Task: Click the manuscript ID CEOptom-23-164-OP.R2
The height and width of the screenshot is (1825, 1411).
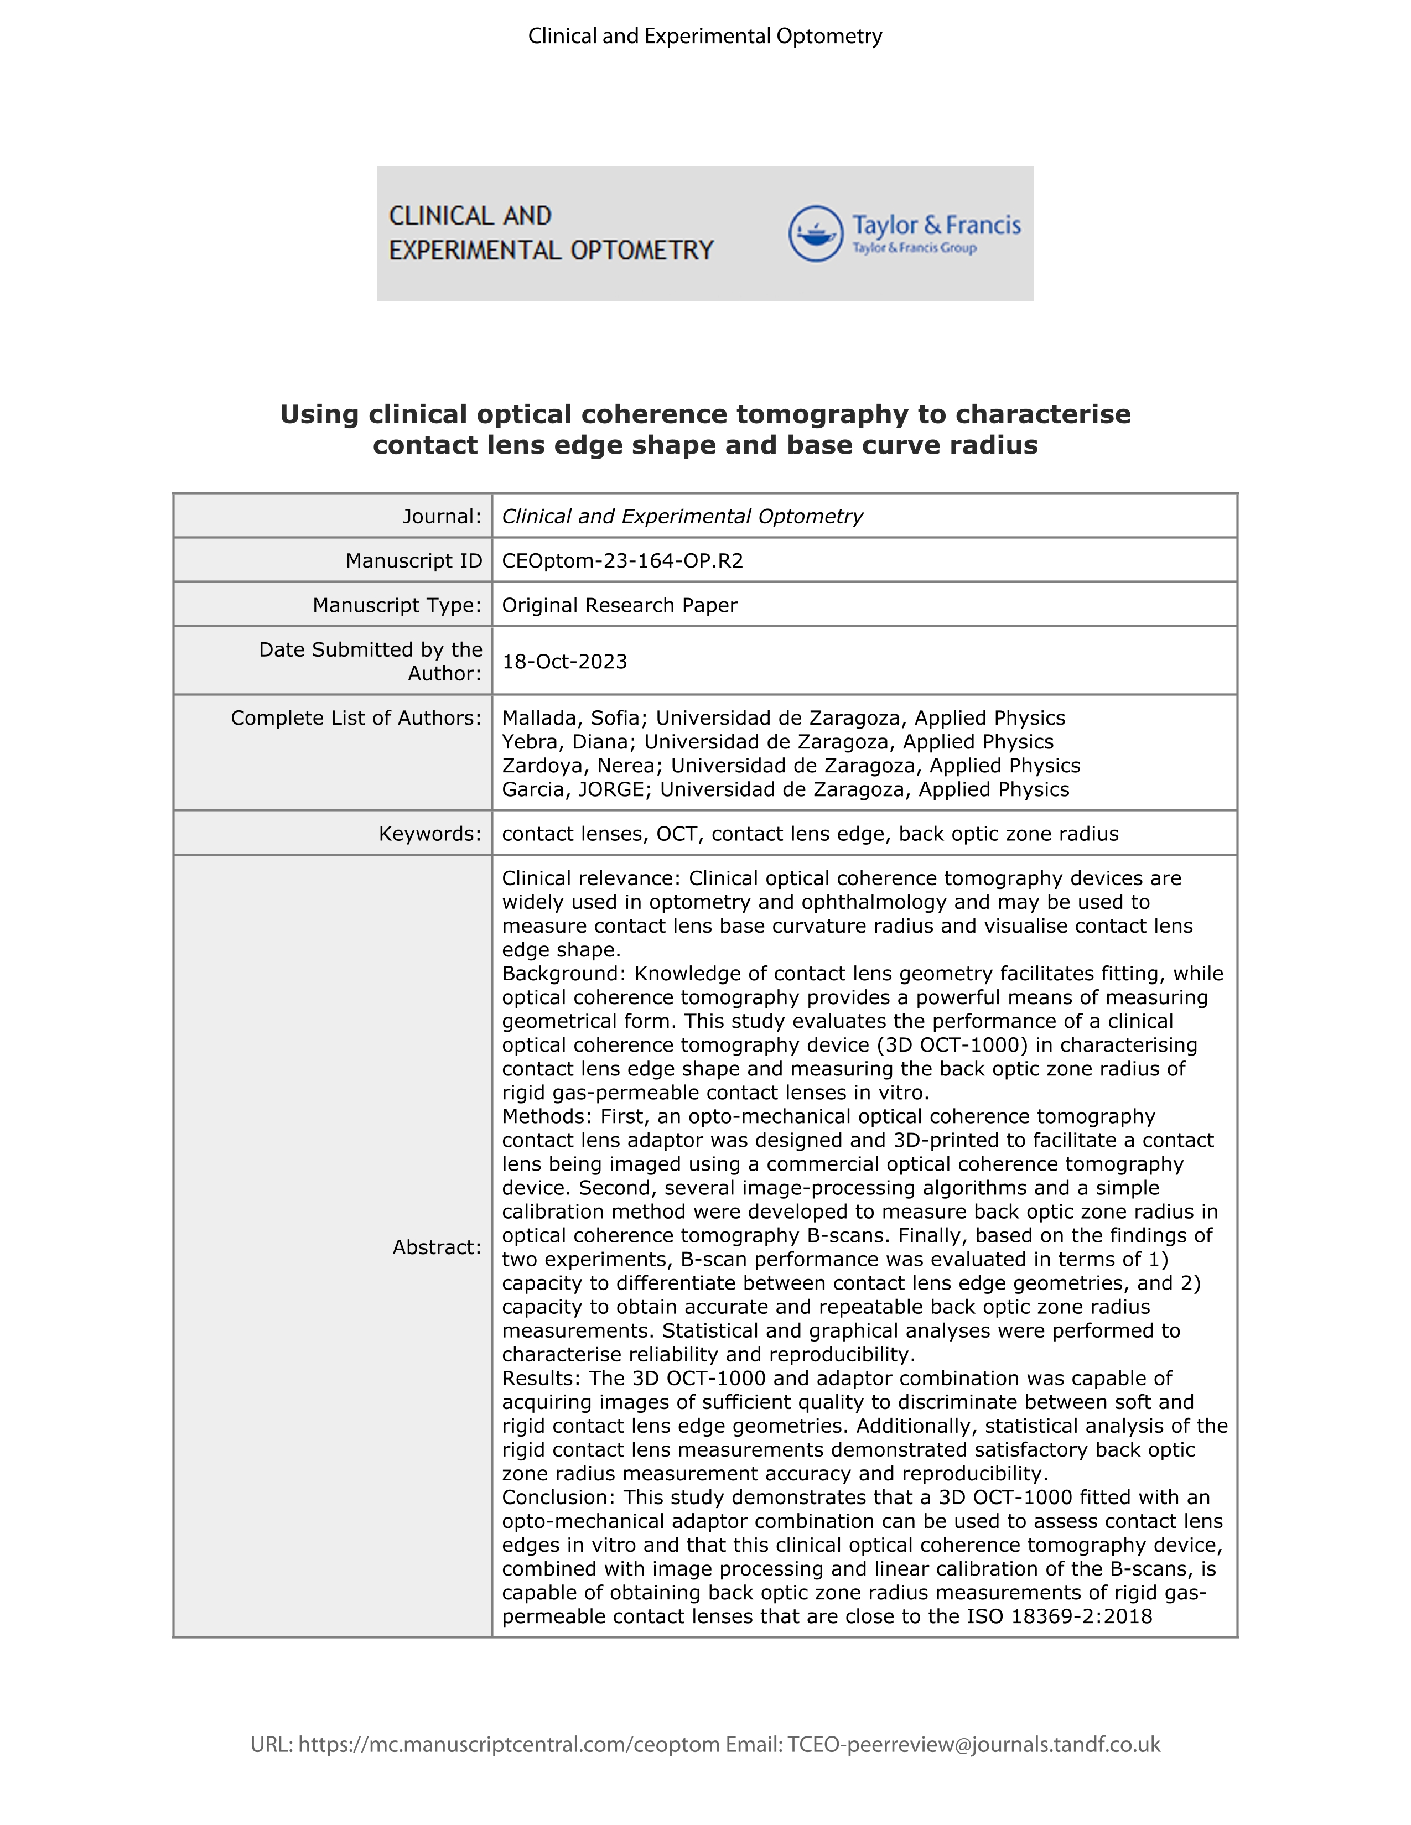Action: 622,561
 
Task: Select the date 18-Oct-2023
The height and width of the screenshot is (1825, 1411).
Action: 564,662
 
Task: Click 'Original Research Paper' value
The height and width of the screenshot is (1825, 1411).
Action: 619,605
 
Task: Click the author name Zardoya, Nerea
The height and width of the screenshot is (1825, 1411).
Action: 580,766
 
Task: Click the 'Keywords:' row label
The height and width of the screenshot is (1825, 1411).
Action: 429,834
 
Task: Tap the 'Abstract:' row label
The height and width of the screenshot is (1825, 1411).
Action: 437,1247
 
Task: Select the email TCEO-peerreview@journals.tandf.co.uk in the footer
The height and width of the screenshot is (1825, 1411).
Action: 974,1745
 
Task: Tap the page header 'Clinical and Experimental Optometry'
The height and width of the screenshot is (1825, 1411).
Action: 704,37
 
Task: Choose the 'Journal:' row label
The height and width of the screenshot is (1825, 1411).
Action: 442,517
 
